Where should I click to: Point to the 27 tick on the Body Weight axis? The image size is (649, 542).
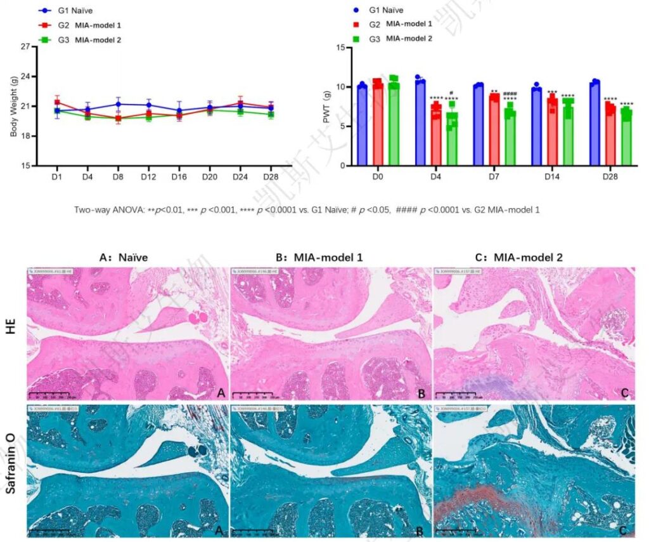coord(25,47)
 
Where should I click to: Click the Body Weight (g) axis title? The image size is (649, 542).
coord(13,106)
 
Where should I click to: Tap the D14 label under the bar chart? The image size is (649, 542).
coord(551,176)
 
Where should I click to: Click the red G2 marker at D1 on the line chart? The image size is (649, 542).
coord(57,102)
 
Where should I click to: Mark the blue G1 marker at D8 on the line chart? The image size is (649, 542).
coord(118,104)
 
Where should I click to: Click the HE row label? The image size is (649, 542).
coord(11,334)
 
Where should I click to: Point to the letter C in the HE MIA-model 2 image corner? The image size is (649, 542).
coord(624,393)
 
